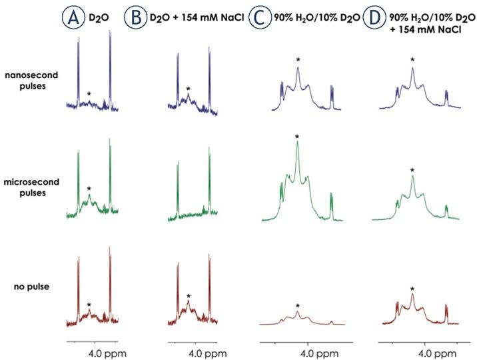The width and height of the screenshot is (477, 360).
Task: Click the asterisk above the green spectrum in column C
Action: click(x=297, y=137)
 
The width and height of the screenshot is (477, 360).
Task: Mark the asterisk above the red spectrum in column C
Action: click(x=298, y=306)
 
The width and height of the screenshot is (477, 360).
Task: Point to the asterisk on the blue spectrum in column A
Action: click(x=89, y=94)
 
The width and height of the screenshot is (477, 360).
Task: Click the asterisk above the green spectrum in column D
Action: click(x=412, y=171)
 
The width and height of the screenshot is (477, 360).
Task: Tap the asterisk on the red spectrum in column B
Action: click(x=189, y=297)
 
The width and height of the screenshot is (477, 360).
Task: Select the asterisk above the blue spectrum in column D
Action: click(x=412, y=61)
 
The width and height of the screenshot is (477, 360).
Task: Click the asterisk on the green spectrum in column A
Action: click(x=89, y=189)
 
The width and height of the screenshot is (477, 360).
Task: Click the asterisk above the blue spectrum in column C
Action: click(x=298, y=61)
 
